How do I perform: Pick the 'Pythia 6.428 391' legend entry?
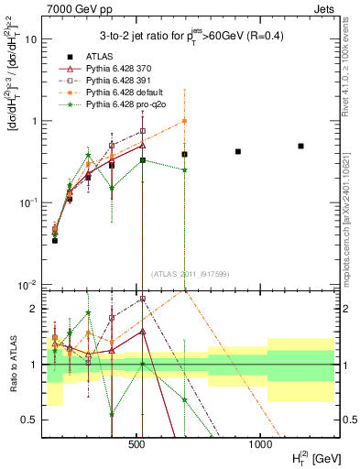(119, 82)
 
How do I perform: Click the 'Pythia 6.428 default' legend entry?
(124, 93)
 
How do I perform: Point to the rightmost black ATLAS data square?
(300, 146)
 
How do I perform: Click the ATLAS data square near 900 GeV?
(238, 151)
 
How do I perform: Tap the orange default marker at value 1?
(184, 121)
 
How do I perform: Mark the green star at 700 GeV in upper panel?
(184, 169)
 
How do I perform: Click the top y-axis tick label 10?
(31, 40)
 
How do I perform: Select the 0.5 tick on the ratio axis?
(31, 420)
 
